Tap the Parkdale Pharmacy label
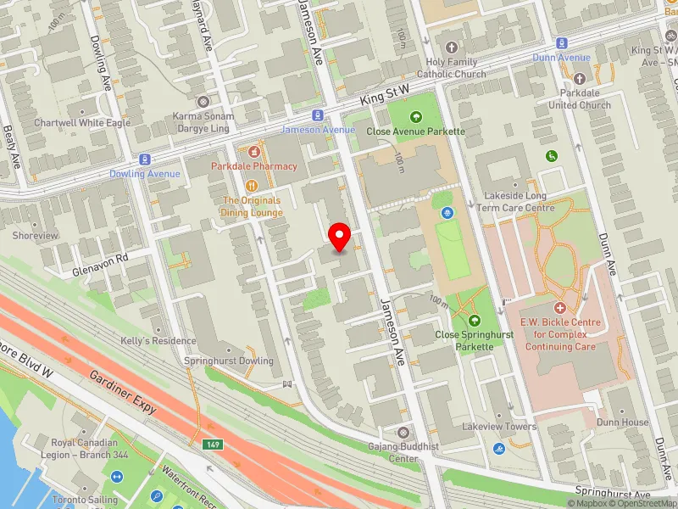254,166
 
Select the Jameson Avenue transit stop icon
317,115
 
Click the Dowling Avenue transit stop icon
145,159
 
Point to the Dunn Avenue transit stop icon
561,42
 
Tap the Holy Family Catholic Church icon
452,48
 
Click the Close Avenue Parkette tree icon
415,117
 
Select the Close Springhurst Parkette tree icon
474,321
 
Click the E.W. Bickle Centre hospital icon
559,308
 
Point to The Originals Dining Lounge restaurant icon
251,186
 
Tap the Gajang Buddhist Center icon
402,433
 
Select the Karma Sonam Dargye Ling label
202,121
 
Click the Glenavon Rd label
99,257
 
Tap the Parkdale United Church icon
580,91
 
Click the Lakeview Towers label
499,427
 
